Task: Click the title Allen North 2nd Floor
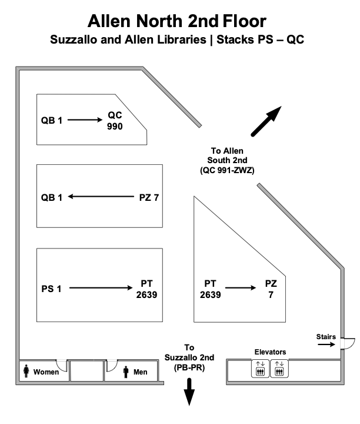[x=176, y=21]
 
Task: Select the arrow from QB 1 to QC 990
[x=85, y=120]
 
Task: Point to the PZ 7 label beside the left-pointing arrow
[x=149, y=197]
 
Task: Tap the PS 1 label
[x=51, y=289]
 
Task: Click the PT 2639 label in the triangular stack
[x=210, y=289]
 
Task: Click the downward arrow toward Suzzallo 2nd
[x=189, y=392]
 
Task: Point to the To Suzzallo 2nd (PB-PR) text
[x=189, y=357]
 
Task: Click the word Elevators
[x=270, y=352]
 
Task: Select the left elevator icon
[x=260, y=369]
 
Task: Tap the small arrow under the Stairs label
[x=325, y=345]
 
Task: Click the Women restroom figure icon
[x=26, y=372]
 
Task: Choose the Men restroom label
[x=140, y=372]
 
